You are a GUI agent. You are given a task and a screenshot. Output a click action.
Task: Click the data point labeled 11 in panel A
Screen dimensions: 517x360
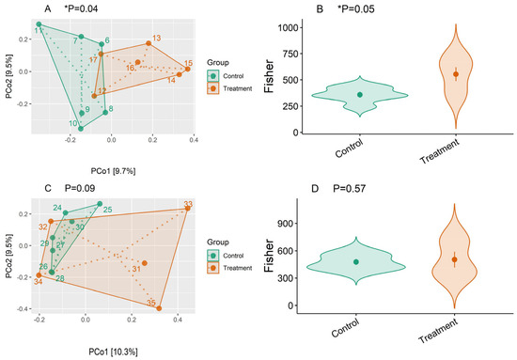(x=39, y=24)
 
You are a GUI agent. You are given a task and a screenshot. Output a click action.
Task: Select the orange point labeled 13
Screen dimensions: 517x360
(x=149, y=43)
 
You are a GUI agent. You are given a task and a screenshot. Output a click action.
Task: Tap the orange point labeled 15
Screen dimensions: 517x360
(x=188, y=69)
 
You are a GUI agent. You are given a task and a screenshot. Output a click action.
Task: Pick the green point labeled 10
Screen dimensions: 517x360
(x=81, y=129)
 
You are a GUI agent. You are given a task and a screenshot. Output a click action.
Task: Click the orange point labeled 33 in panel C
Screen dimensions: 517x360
(x=188, y=209)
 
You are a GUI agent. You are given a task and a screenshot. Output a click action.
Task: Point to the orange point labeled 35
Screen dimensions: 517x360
(x=159, y=308)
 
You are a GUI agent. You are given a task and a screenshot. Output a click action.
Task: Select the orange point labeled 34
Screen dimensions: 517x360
(x=39, y=275)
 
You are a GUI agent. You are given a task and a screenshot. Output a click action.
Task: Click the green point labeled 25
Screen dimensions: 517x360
(x=100, y=204)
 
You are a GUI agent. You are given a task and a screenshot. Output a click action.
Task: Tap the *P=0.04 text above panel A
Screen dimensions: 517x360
(x=81, y=8)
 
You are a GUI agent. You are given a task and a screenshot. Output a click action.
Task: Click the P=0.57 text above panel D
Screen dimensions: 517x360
(x=349, y=189)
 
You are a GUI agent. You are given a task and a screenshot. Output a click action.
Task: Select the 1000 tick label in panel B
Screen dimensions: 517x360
(x=289, y=27)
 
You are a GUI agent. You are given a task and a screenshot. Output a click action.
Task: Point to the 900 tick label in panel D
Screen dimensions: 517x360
(x=285, y=223)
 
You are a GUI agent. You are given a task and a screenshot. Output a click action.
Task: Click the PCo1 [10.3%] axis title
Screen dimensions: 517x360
(x=113, y=352)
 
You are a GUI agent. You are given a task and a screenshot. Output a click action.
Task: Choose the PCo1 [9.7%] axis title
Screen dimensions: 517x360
(x=113, y=171)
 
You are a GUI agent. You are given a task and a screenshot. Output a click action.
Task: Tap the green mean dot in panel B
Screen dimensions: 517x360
(x=360, y=95)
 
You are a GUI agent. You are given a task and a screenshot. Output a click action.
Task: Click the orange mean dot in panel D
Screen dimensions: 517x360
(x=454, y=259)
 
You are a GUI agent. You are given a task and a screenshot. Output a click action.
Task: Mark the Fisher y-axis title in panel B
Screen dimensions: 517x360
(x=269, y=76)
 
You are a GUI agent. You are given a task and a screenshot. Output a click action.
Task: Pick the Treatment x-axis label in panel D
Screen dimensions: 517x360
(x=439, y=331)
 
